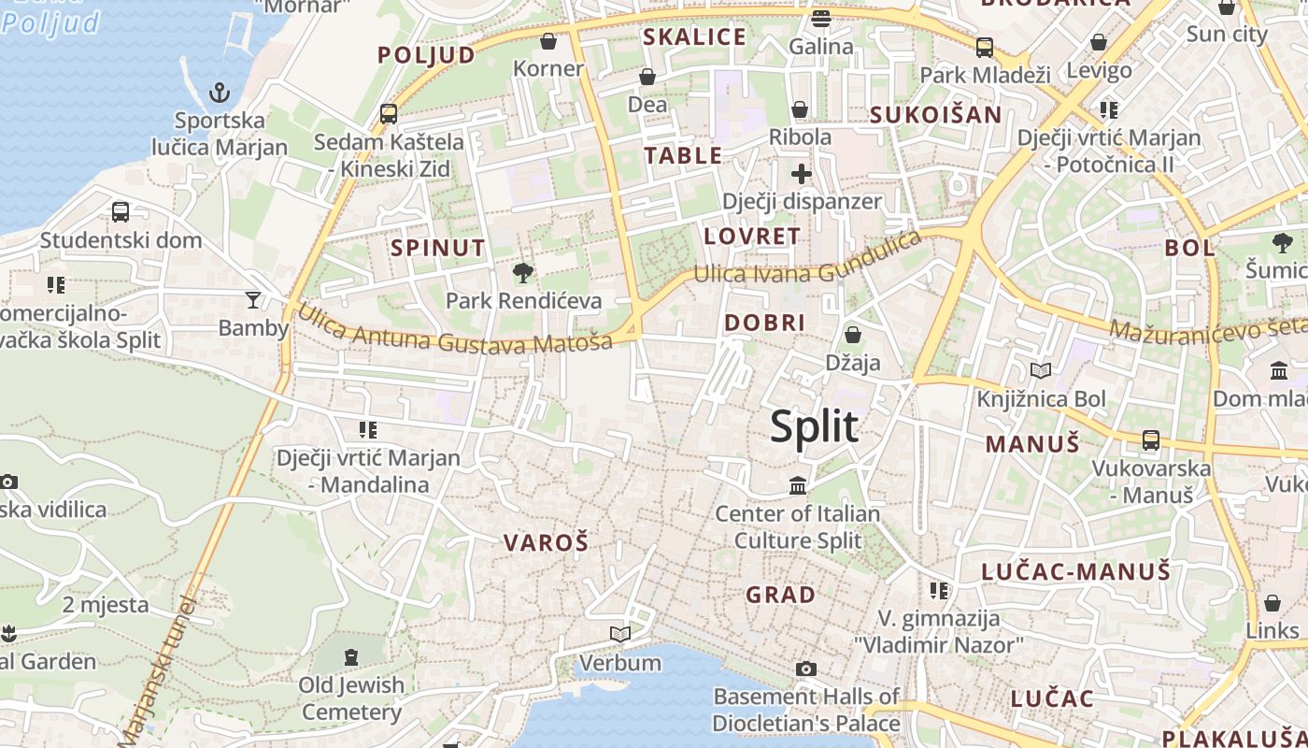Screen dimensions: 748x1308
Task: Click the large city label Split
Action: [x=814, y=426]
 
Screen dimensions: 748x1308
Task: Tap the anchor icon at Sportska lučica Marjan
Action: [x=219, y=93]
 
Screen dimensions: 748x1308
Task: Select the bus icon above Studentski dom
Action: [x=121, y=212]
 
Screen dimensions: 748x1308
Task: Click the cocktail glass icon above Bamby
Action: [x=252, y=300]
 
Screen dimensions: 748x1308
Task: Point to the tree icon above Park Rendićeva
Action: [x=523, y=273]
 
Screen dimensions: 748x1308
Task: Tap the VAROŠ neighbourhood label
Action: [x=547, y=542]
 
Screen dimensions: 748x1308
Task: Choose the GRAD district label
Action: [x=780, y=594]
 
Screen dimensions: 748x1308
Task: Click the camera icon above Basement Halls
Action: [x=805, y=669]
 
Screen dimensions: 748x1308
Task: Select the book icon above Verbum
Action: [x=619, y=635]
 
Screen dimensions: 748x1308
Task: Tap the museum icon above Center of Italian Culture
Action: [x=798, y=485]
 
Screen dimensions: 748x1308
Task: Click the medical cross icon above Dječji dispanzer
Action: [x=801, y=174]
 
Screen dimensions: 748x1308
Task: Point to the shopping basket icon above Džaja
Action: [x=852, y=335]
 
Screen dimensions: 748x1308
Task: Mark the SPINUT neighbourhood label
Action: [x=438, y=248]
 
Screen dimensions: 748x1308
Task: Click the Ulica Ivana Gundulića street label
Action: [x=807, y=261]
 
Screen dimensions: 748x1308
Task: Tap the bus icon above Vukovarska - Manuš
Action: [x=1151, y=439]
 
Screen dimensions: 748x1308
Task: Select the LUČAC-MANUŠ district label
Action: [x=1075, y=570]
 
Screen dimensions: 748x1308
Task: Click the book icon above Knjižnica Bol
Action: [x=1041, y=371]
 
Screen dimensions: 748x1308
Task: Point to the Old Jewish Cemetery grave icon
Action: [x=351, y=657]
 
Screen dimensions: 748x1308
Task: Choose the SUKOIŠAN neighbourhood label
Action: [x=935, y=115]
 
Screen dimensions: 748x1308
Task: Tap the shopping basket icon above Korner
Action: [x=548, y=41]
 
